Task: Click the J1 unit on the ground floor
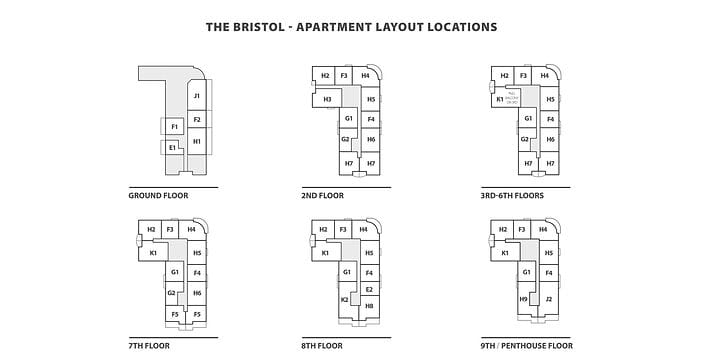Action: (197, 96)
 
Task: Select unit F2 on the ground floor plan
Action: (197, 120)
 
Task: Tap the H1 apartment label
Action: (197, 142)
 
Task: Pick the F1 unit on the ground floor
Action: (174, 127)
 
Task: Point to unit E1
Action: (173, 148)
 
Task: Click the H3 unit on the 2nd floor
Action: (327, 99)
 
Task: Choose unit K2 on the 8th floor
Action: (345, 299)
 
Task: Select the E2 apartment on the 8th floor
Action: (369, 289)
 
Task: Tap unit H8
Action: (369, 305)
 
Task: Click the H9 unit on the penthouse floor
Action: (523, 299)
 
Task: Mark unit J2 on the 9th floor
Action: (549, 299)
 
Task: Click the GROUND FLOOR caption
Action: (159, 195)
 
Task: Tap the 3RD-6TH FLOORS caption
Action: (512, 195)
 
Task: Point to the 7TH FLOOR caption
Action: (152, 345)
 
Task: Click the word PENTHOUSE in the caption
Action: (541, 345)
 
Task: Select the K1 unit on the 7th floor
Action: (154, 253)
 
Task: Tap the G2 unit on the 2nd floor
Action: (345, 139)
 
